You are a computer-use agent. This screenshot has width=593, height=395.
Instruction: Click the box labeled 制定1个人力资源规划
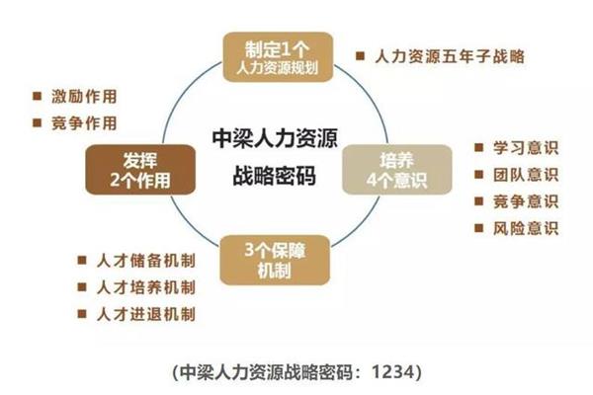coord(278,57)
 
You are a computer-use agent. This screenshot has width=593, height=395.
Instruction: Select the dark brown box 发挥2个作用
coord(140,170)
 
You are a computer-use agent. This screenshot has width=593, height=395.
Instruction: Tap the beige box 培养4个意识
coord(397,170)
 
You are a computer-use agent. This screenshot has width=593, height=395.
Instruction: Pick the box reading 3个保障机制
coord(275,260)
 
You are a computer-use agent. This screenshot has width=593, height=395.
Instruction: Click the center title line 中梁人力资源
coord(275,138)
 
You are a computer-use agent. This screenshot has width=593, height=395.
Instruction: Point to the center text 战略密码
coord(275,176)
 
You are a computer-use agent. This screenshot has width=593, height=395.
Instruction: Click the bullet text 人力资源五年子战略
coord(450,56)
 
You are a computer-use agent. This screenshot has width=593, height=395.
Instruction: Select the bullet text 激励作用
coord(84,97)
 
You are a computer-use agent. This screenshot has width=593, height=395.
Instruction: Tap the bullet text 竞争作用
coord(84,123)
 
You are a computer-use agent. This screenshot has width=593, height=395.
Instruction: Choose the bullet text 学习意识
coord(526,147)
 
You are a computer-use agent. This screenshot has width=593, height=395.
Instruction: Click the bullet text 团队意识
coord(526,175)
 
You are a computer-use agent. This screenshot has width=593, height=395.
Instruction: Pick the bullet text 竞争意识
coord(526,201)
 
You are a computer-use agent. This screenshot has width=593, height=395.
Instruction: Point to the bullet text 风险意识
coord(526,228)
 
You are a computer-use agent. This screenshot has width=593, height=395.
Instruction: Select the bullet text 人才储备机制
coord(146,261)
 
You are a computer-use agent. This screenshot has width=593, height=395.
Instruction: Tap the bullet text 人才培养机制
coord(146,287)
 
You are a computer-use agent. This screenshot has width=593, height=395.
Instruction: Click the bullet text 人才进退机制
coord(146,314)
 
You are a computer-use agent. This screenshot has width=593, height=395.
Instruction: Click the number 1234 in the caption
coord(393,372)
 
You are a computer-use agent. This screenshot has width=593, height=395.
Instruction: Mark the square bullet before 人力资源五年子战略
coord(360,56)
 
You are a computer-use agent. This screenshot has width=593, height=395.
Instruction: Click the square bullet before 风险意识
coord(478,228)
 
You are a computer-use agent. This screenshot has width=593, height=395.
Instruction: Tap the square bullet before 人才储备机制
coord(82,260)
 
